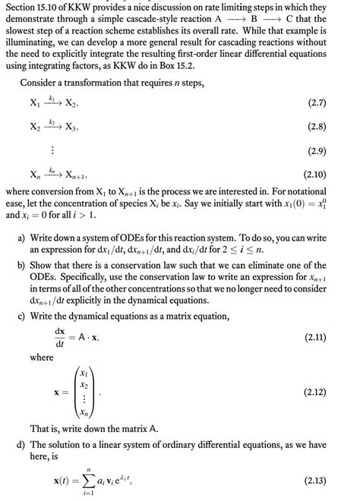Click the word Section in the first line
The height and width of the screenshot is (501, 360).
click(21, 8)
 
